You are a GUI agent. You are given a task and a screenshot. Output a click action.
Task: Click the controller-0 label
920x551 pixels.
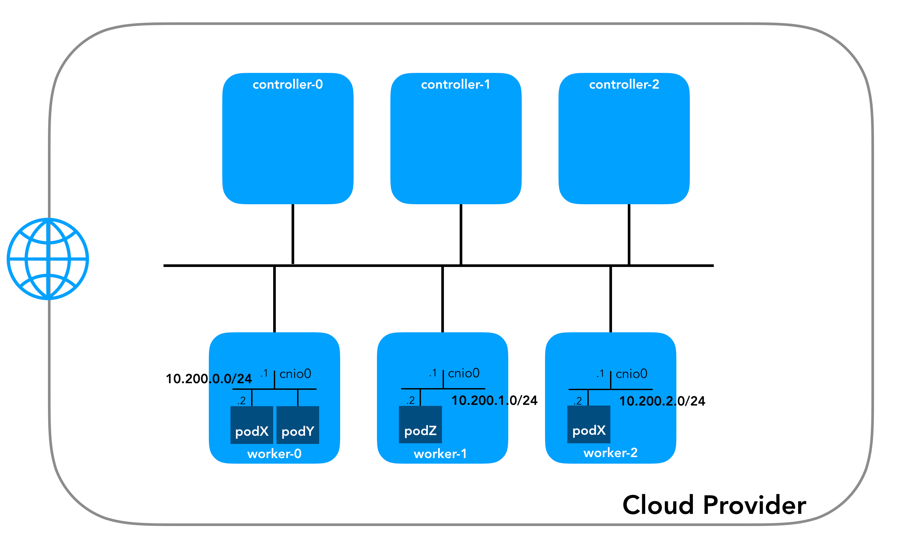point(287,85)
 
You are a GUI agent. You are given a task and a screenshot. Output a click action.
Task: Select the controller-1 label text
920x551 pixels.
point(455,85)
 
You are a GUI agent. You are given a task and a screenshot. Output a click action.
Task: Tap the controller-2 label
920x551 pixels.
point(624,85)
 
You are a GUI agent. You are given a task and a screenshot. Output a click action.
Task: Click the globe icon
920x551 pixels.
point(48,259)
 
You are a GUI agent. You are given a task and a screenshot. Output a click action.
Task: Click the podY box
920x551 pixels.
point(298,425)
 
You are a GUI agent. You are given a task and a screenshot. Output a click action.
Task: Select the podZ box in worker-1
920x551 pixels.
point(420,424)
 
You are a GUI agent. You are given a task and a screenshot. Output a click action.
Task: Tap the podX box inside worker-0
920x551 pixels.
point(252,425)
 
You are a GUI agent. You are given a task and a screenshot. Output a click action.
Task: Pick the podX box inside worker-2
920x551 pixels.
point(589,424)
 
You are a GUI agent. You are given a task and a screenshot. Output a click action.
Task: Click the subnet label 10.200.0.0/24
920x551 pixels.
point(208,379)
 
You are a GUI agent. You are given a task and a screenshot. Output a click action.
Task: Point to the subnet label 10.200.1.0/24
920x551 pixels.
point(494,400)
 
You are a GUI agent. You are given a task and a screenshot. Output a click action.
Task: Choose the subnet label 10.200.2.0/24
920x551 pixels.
point(662,401)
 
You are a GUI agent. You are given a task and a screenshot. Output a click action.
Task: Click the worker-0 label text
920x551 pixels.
point(274,454)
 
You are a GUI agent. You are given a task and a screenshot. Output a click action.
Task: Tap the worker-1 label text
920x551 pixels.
point(440,454)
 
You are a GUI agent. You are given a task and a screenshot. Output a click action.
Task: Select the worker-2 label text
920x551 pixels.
point(610,452)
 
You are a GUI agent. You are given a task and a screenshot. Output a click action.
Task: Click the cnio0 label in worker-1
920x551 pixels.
point(464,373)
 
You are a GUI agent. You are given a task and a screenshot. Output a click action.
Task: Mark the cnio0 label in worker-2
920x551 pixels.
point(631,374)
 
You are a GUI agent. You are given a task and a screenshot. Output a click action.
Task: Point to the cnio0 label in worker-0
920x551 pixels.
point(295,374)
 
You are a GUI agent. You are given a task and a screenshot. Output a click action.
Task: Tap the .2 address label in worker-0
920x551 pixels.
point(242,401)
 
